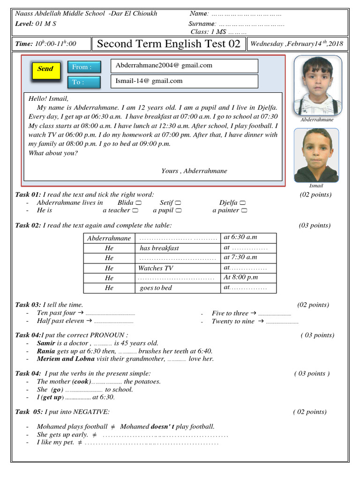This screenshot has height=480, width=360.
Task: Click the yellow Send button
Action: [45, 69]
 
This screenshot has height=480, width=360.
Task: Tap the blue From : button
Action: [84, 67]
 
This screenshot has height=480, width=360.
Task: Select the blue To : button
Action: [84, 82]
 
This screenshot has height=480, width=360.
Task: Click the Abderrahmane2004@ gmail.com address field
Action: [184, 66]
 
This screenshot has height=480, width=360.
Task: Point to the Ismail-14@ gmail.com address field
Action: [184, 81]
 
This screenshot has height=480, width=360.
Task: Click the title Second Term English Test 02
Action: [168, 44]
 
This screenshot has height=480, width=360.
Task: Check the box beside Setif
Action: [178, 203]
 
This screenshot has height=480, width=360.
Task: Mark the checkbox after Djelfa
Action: [243, 203]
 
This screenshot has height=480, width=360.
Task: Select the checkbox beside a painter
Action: [244, 211]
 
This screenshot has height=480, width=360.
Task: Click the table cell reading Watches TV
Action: [178, 268]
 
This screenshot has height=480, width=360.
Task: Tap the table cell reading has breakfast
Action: [178, 248]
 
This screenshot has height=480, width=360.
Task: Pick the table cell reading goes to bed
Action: [178, 288]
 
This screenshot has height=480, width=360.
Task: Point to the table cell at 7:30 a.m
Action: [248, 257]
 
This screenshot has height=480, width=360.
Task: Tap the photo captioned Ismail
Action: [316, 155]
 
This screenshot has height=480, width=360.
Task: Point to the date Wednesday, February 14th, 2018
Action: [297, 44]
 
